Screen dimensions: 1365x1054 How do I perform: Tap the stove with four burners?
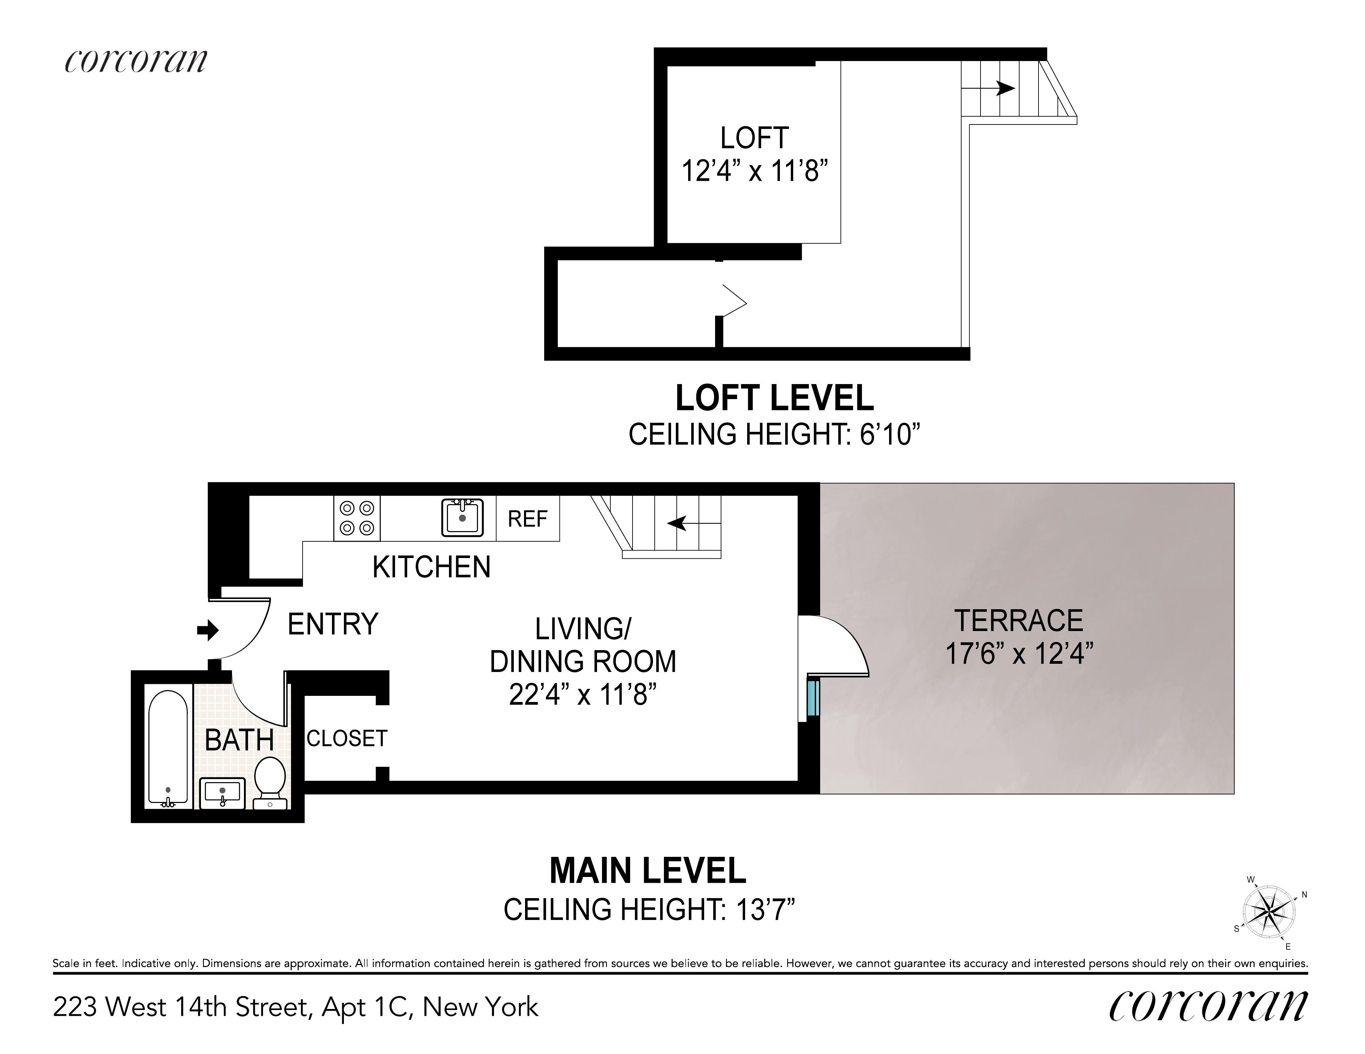click(x=357, y=518)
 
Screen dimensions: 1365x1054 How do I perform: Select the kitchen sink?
click(x=463, y=517)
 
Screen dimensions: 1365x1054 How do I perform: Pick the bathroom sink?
click(x=222, y=793)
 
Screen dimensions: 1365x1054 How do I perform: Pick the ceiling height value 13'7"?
click(x=760, y=910)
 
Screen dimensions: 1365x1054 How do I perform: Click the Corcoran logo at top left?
click(x=136, y=61)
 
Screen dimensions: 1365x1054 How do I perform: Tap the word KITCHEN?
click(x=431, y=567)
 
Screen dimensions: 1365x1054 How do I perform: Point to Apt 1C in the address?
click(x=367, y=1007)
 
